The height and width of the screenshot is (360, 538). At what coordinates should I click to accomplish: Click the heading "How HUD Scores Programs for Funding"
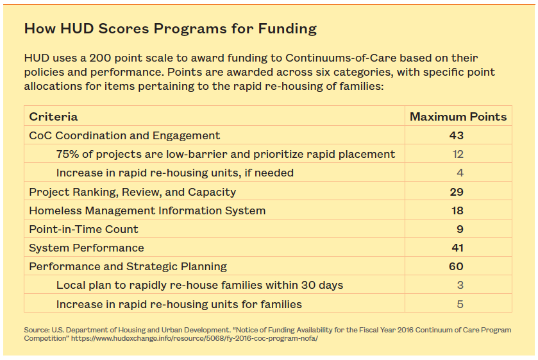(x=170, y=29)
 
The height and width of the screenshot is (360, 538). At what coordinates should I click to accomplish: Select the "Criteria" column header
(x=53, y=117)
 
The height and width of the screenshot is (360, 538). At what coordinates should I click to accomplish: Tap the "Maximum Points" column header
(x=458, y=117)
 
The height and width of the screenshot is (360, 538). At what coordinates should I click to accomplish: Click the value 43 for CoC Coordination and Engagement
(x=457, y=135)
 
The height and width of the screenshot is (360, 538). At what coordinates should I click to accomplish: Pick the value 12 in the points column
(x=457, y=154)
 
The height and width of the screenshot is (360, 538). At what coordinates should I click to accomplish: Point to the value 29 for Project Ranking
(x=457, y=192)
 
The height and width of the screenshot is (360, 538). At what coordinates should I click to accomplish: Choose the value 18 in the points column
(x=457, y=210)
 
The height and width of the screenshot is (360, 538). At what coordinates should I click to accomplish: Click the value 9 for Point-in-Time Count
(x=460, y=229)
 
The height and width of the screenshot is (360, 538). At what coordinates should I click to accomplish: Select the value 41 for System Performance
(x=457, y=248)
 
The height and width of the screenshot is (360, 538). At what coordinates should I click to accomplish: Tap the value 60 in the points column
(x=457, y=266)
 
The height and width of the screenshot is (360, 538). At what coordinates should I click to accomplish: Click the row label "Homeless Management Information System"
(x=147, y=210)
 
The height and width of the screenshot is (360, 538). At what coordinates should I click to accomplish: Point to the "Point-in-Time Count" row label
(x=83, y=229)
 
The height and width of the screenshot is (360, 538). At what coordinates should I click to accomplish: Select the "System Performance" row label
(x=87, y=248)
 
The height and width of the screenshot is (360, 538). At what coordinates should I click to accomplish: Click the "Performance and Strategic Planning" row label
(x=128, y=266)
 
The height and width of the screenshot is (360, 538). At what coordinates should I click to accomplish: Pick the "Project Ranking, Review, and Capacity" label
(x=132, y=192)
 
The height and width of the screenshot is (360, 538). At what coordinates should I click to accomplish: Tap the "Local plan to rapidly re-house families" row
(x=199, y=285)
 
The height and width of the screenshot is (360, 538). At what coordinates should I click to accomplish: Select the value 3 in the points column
(x=460, y=285)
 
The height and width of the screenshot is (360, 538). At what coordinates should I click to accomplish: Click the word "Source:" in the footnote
(x=37, y=330)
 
